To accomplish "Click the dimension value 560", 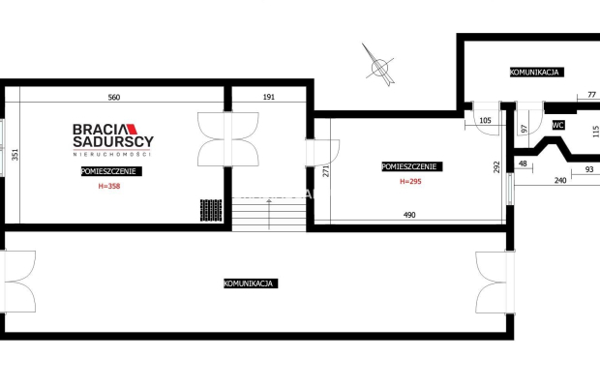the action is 114,97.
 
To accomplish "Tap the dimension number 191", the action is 269,97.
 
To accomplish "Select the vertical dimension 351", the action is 15,155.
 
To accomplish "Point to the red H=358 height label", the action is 109,186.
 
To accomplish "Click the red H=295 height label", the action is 410,181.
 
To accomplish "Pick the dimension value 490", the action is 409,215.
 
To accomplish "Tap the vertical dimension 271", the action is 326,170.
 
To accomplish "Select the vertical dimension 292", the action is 496,167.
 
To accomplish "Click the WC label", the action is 558,125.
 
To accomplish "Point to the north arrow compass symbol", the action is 379,66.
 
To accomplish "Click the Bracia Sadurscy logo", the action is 113,139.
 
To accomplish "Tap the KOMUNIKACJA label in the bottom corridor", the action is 251,283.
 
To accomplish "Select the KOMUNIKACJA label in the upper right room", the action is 537,72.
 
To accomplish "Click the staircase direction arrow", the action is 269,214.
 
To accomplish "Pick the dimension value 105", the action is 485,121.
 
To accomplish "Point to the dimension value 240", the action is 560,180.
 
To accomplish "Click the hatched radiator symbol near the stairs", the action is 211,210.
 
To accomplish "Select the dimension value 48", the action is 523,164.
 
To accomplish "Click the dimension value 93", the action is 589,169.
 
